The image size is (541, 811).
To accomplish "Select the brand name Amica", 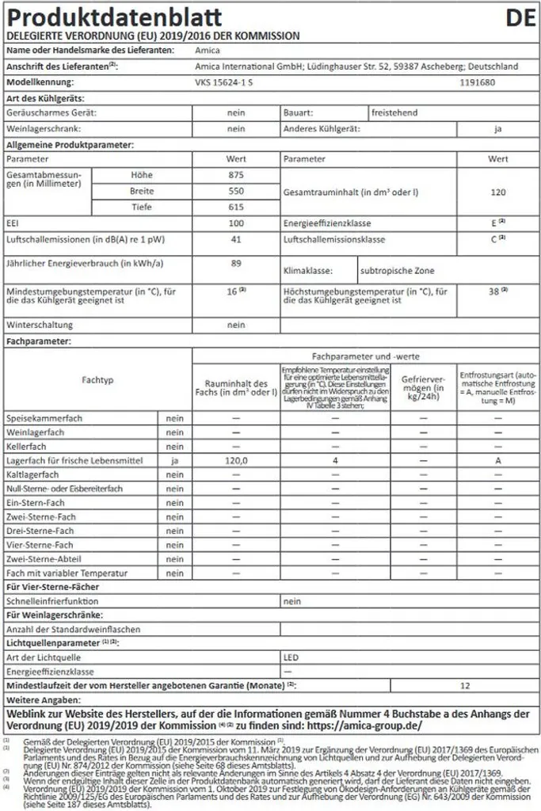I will [208, 51].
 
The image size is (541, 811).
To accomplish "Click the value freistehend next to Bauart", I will [396, 112].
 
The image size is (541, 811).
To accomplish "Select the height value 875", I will [235, 175].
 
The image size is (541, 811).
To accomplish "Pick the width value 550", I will [235, 191].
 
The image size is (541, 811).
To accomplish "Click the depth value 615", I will [235, 207].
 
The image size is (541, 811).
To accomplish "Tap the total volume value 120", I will [497, 192].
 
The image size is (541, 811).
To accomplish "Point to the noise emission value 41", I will [235, 238].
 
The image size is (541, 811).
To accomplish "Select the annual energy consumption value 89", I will [235, 261].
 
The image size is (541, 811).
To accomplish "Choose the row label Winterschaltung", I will [40, 325].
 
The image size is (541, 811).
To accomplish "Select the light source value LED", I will [291, 657].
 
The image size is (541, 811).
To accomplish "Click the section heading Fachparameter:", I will [38, 340].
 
